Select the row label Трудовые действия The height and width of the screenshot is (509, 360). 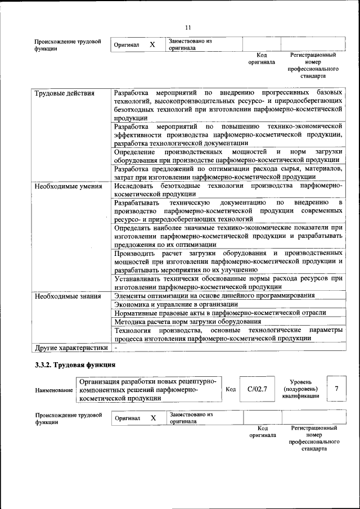(x=64, y=93)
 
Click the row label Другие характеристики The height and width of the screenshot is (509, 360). (x=71, y=348)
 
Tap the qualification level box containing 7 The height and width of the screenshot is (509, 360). (x=336, y=389)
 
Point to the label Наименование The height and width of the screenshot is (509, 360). (x=54, y=390)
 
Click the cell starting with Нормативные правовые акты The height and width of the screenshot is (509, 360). (x=219, y=313)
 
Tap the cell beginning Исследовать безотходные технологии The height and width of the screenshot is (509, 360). (x=228, y=190)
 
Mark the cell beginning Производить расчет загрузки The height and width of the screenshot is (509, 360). (x=228, y=262)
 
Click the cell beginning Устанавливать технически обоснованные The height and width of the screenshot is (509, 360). (x=228, y=282)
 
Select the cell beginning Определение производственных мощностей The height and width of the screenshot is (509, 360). (x=228, y=156)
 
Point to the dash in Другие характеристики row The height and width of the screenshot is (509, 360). (x=115, y=348)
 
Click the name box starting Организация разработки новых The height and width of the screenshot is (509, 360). (x=148, y=389)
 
